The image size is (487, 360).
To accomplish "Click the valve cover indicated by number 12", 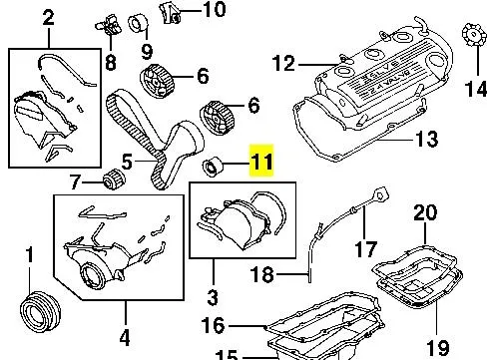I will (x=379, y=85).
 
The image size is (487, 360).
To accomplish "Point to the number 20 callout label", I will (x=425, y=211).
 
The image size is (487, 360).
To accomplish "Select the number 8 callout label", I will (x=109, y=62).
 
